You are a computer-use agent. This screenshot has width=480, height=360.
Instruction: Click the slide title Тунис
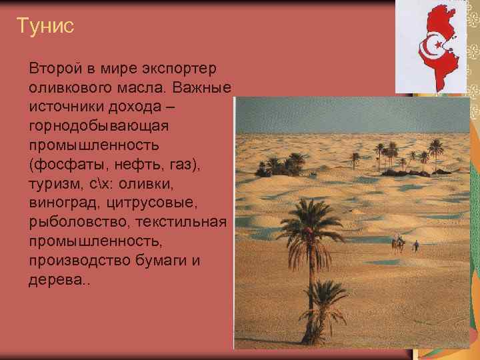tap(45, 27)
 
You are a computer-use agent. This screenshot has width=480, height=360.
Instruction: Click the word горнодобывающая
tap(98, 125)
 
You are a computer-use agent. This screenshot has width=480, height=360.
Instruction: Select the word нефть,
tap(128, 163)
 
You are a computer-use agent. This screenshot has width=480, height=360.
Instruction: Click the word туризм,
tap(55, 183)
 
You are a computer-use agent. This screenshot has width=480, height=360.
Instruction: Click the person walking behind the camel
tap(416, 245)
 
